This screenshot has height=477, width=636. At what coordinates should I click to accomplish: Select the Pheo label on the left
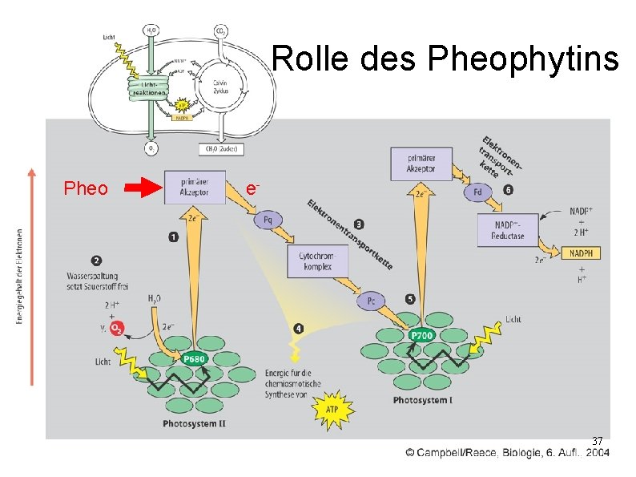click(x=86, y=189)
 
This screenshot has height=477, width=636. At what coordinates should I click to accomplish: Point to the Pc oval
click(x=371, y=301)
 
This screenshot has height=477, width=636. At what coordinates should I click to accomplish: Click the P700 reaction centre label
click(x=421, y=336)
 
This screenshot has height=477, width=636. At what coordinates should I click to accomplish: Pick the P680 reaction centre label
click(x=195, y=359)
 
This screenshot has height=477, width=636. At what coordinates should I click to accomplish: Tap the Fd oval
click(x=478, y=192)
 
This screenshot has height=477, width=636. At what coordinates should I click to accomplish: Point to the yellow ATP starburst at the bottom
click(x=332, y=406)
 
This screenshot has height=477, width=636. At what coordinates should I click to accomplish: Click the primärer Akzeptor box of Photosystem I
click(x=421, y=164)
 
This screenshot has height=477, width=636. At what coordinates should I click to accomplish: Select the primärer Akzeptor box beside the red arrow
click(x=195, y=188)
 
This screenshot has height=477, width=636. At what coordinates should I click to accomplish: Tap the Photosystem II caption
click(x=194, y=423)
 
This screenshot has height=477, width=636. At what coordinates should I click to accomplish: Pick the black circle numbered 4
click(x=299, y=328)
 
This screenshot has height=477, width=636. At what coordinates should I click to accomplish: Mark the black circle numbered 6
click(x=509, y=191)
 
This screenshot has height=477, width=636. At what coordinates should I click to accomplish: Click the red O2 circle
click(x=117, y=329)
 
